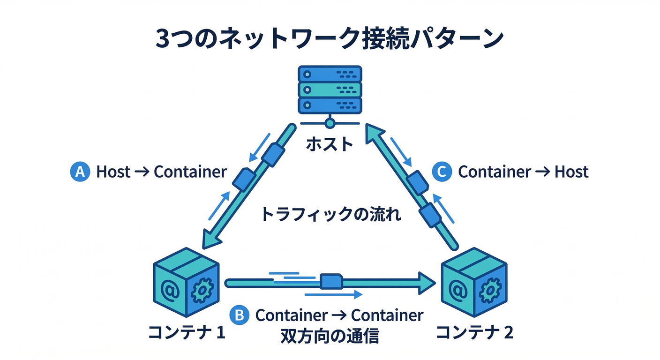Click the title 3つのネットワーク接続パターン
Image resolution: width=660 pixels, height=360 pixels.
coord(330,39)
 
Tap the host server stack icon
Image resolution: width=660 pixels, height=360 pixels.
coord(330,90)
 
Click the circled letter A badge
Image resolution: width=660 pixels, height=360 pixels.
coord(80,172)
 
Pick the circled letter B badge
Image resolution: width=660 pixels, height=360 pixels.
coord(239,315)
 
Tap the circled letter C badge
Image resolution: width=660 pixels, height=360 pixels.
coord(441,172)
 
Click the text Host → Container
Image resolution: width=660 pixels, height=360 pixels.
coord(161,172)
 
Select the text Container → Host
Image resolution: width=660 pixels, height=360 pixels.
coord(523,172)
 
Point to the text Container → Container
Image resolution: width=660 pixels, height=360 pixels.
coord(339,315)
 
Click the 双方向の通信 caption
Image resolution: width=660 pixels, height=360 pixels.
coord(330,336)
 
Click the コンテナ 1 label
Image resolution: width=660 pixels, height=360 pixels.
coord(187,333)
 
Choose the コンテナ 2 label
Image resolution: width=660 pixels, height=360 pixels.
coord(475,333)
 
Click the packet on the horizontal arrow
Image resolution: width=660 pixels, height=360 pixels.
coord(331,282)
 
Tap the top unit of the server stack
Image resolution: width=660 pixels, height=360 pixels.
coord(330,74)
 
